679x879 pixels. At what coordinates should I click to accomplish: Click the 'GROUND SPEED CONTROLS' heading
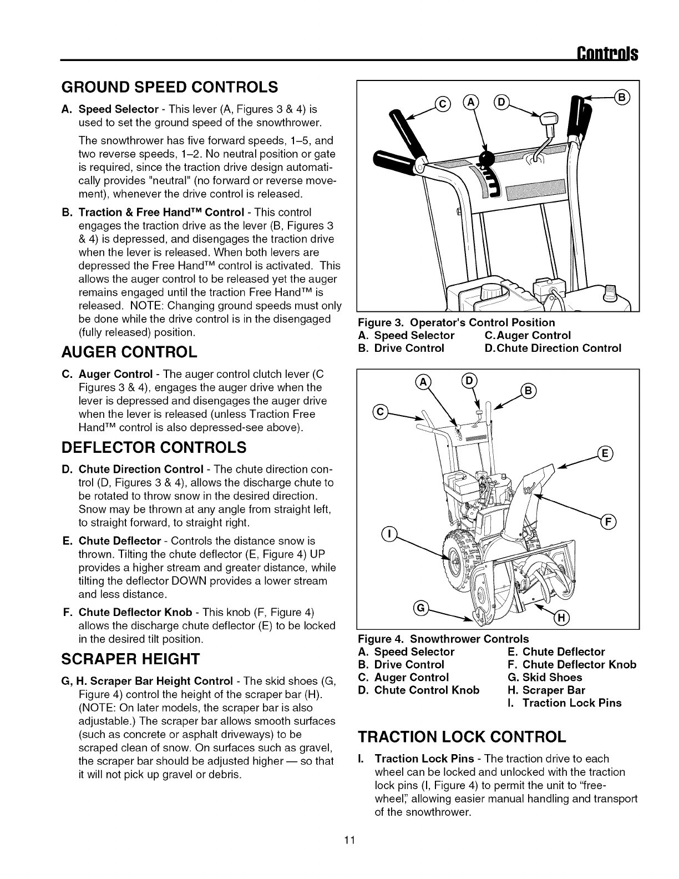(169, 87)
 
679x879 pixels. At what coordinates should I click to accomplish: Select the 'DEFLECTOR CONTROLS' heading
(153, 447)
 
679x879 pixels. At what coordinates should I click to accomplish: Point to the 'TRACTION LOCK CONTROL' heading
(462, 736)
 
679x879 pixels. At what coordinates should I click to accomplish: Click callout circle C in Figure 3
(444, 104)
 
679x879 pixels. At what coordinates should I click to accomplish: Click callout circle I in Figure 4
(391, 534)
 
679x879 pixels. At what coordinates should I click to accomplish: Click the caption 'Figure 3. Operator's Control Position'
(457, 322)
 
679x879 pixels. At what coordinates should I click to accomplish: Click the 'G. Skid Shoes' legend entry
(545, 678)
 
